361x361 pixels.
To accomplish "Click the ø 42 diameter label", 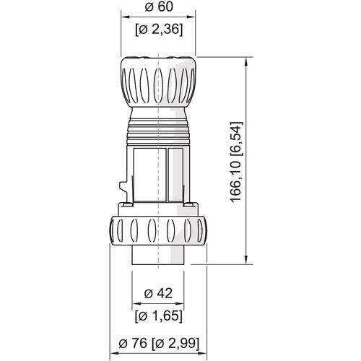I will tap(157, 292).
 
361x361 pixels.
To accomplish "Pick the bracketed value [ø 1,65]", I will tap(157, 316).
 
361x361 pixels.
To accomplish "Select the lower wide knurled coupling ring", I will tap(157, 232).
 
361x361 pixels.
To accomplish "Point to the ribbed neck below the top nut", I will tap(157, 130).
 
